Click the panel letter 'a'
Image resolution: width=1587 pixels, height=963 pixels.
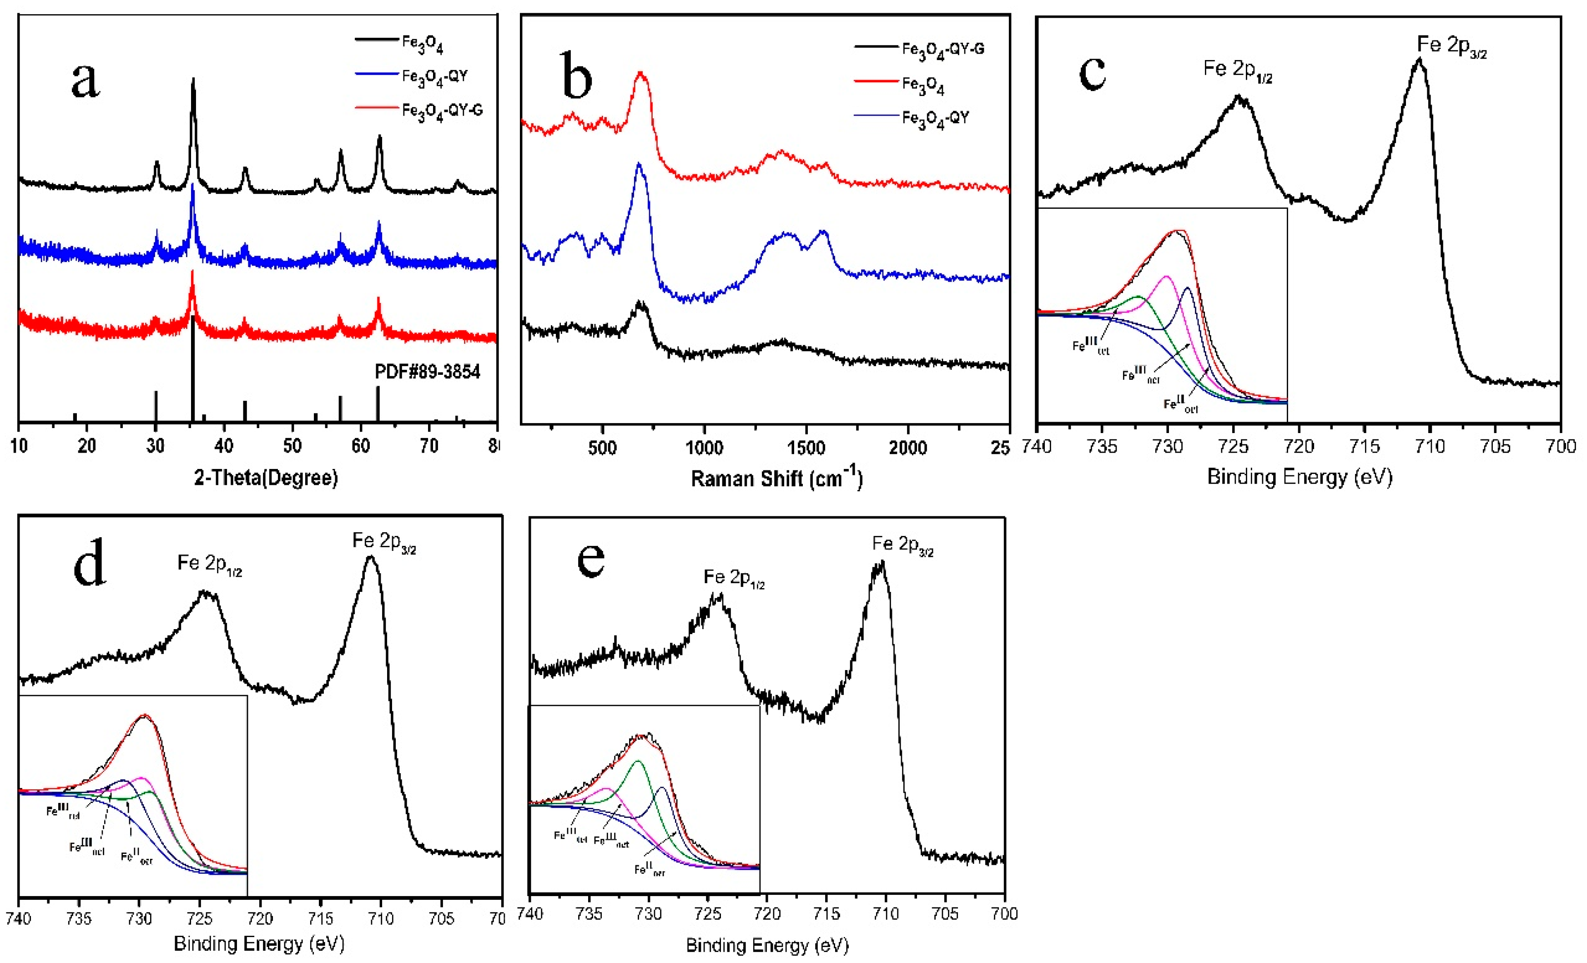tap(86, 81)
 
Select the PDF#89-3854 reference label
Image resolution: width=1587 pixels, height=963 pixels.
tap(428, 372)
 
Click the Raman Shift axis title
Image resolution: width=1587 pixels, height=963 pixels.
tap(776, 478)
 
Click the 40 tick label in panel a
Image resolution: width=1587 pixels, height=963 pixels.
tap(223, 446)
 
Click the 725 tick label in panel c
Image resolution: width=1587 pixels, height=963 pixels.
tap(1234, 446)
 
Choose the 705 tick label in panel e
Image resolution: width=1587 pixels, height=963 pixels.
tap(945, 913)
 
